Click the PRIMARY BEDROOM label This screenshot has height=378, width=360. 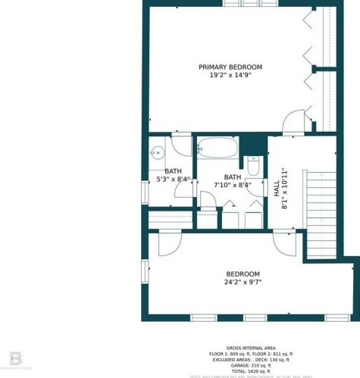tap(230, 67)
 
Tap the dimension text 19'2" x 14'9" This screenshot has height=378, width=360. tap(230, 75)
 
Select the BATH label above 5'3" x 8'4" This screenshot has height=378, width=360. tap(173, 171)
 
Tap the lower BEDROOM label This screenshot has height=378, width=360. tap(243, 274)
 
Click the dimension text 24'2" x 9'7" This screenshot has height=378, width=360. tap(243, 283)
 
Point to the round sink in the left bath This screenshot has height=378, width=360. tap(157, 152)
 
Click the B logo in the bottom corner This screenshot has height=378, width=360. tap(16, 358)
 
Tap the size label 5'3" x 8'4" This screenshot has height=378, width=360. tap(173, 180)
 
